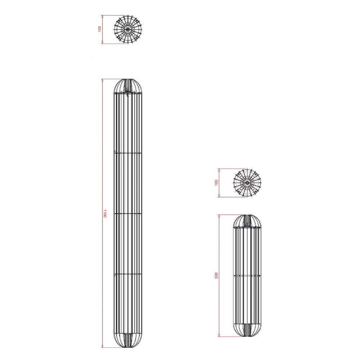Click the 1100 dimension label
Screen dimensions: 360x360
[105, 213]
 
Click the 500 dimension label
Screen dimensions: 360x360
[216, 275]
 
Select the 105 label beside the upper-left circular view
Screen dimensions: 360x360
[100, 29]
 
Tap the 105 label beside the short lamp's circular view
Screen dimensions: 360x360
[216, 183]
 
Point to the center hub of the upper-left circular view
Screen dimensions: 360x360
[128, 29]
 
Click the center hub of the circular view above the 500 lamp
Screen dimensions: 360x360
[247, 183]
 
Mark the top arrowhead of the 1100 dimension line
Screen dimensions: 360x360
[102, 81]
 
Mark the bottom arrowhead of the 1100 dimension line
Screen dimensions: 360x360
[102, 346]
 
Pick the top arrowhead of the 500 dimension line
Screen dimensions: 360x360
[219, 216]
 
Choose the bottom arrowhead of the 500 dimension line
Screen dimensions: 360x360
[219, 335]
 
